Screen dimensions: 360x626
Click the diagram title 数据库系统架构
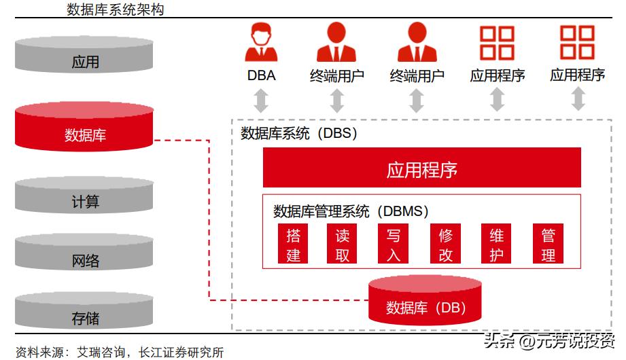tap(116, 10)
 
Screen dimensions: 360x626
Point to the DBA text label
tap(261, 75)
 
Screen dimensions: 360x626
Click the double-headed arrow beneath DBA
tap(261, 101)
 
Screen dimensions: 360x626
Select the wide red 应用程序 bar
tap(421, 167)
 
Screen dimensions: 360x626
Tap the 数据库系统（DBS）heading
tap(299, 133)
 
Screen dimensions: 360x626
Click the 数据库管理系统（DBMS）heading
tap(351, 211)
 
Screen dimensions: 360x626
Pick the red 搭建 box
tap(294, 245)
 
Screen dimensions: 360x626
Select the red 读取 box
tap(343, 245)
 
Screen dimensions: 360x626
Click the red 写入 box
tap(394, 245)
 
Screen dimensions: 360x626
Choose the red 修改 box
tap(446, 245)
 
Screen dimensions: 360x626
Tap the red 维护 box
tap(497, 245)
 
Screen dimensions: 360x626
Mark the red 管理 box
tap(549, 245)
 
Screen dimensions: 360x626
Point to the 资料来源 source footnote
tap(120, 352)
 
